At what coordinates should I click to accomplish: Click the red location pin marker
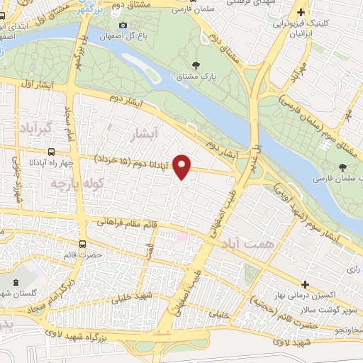point(182,166)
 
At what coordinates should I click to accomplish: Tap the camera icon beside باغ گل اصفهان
point(123,26)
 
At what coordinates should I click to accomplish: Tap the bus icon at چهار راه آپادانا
point(51,151)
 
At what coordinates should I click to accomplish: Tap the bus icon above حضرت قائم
point(82,244)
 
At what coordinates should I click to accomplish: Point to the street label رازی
point(354,269)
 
